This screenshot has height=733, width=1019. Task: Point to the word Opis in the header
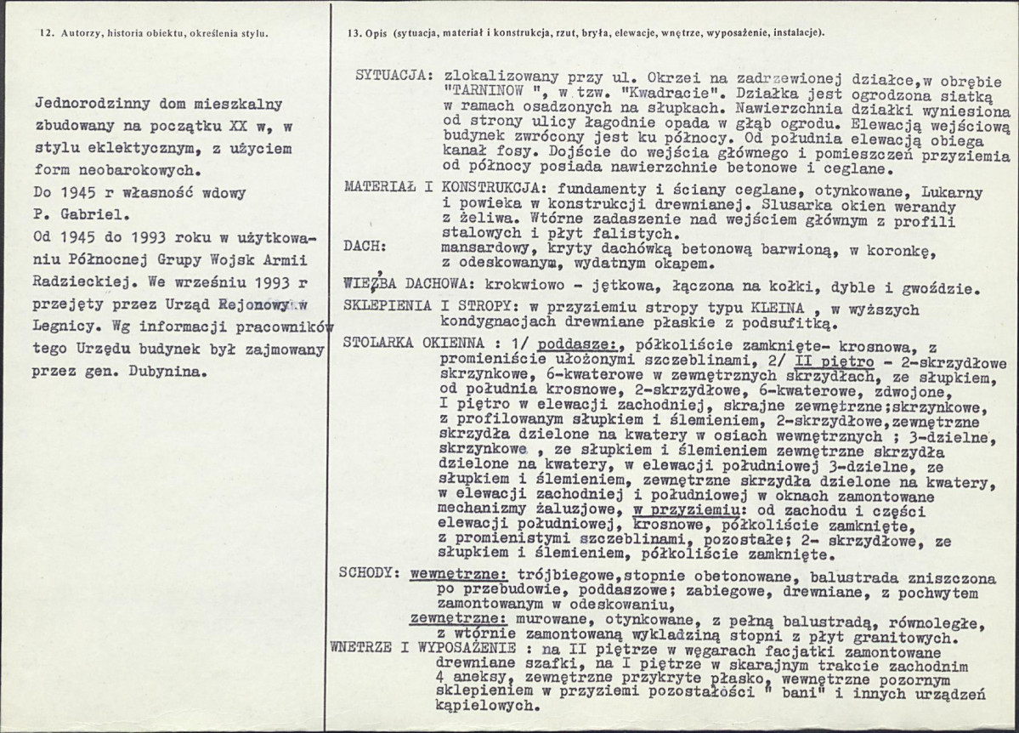[x=377, y=33]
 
